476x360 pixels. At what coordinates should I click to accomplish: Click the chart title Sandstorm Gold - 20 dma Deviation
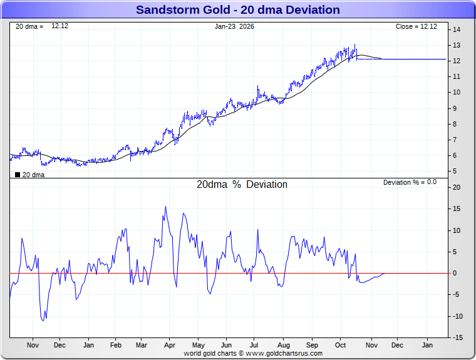click(238, 10)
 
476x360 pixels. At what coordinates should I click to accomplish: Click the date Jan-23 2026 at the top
click(234, 26)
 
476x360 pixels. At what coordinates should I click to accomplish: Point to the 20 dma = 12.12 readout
click(41, 26)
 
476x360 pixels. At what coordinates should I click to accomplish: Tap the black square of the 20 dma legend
click(18, 175)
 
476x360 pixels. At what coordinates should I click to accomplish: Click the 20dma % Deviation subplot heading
click(242, 185)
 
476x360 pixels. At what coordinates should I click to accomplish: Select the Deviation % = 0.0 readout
click(410, 182)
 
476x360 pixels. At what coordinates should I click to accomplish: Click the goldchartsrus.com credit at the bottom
click(253, 353)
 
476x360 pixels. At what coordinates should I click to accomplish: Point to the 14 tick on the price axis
click(457, 29)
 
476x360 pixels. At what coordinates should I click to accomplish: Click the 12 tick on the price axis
click(457, 61)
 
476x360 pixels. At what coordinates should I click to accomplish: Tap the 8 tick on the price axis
click(457, 124)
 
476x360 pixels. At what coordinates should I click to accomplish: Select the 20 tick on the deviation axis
click(457, 187)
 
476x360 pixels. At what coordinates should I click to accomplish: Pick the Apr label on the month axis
click(170, 345)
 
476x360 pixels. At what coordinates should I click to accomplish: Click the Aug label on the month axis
click(283, 345)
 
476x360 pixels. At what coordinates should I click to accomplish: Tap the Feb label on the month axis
click(116, 345)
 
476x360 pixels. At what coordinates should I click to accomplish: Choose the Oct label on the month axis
click(341, 345)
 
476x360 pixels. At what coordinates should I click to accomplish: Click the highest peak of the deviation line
click(166, 207)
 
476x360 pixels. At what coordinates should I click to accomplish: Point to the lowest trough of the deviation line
click(43, 321)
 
